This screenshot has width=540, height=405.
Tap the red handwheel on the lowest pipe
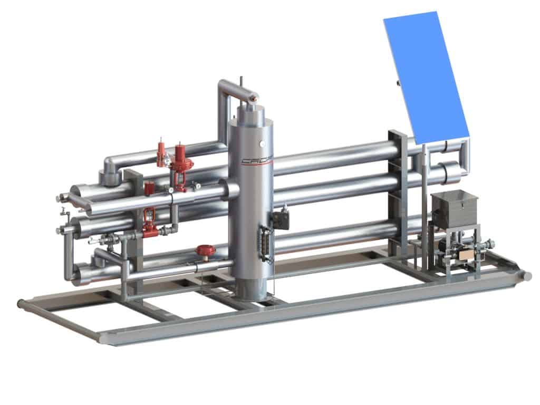click(203, 250)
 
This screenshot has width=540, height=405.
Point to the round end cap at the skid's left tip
click(21, 304)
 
